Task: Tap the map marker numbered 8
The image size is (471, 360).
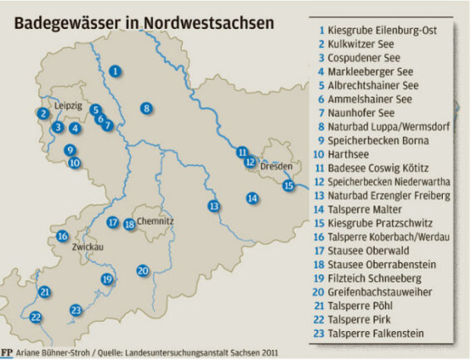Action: click(145, 108)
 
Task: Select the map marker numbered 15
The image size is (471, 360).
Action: click(288, 185)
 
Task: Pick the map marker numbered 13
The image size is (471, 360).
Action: click(213, 205)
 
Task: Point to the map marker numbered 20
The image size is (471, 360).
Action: click(142, 271)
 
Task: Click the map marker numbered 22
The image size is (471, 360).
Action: click(35, 317)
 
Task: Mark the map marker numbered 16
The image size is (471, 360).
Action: click(62, 236)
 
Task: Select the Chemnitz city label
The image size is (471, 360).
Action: click(156, 222)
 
